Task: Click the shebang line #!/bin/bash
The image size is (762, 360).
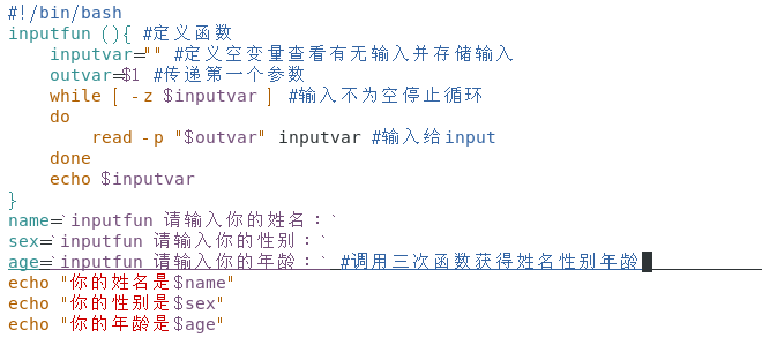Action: tap(65, 13)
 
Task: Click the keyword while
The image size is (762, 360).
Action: tap(75, 96)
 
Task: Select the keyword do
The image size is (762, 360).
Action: tap(60, 117)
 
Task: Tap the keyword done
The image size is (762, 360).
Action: tap(70, 158)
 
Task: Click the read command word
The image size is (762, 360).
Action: tap(112, 137)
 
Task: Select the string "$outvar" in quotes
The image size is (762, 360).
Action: tap(220, 137)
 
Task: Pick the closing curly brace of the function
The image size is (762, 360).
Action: tap(13, 200)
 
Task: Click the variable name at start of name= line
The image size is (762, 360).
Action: tap(28, 220)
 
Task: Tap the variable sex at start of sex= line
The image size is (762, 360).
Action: tap(23, 241)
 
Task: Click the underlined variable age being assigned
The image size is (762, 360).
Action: tap(23, 262)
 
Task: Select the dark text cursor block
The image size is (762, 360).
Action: tap(647, 262)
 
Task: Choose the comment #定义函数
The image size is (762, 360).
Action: tap(187, 33)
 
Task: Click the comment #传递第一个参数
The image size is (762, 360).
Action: tap(229, 75)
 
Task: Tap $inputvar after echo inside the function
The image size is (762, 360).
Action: tap(148, 179)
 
